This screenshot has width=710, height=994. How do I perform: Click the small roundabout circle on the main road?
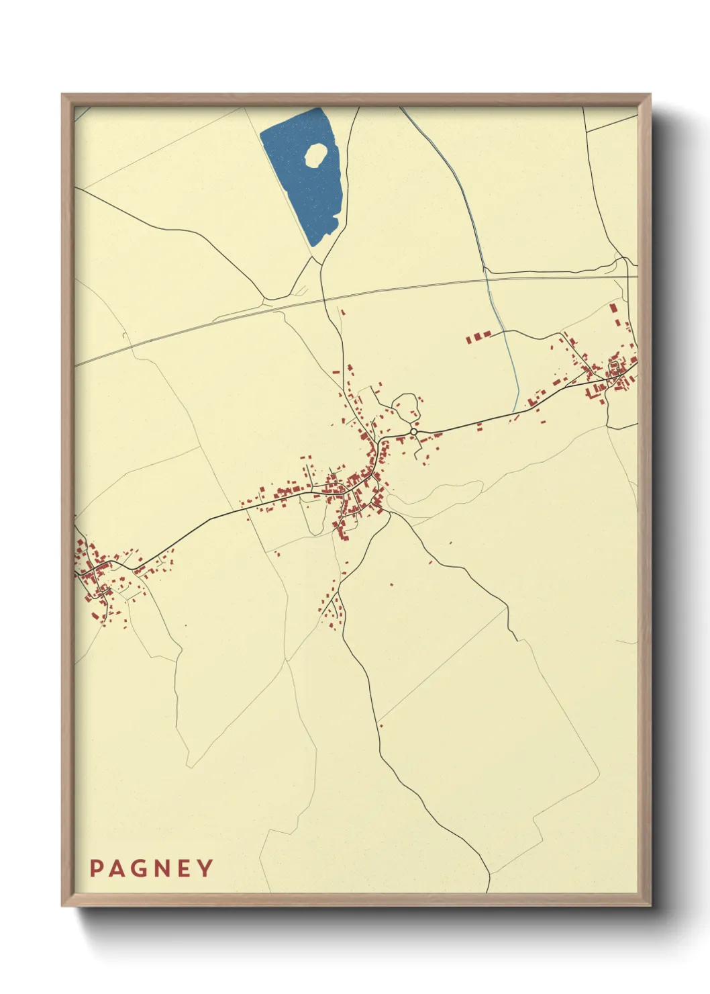coord(413,431)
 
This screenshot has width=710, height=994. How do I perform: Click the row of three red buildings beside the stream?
coord(478,336)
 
